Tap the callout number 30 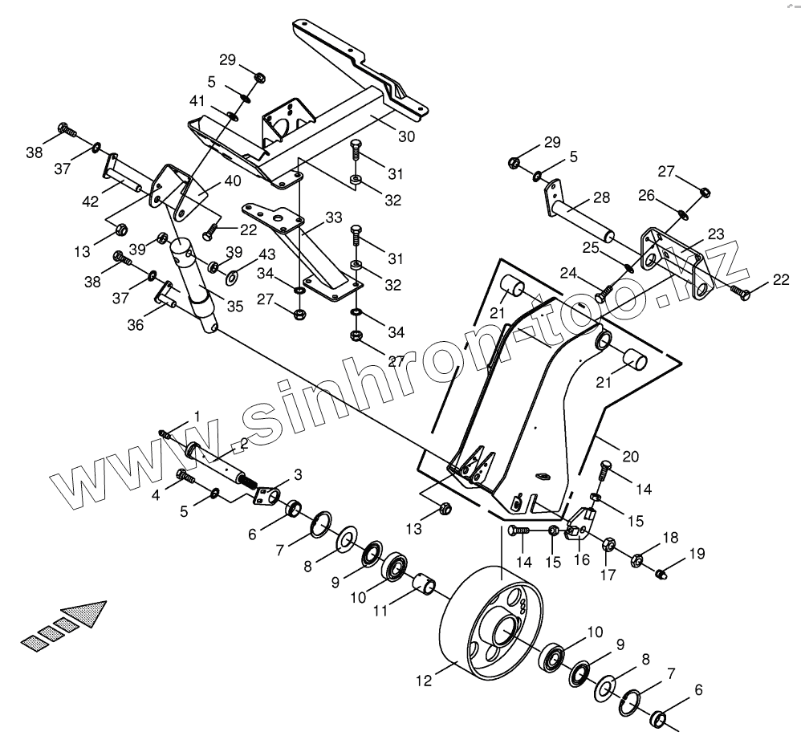pyautogui.click(x=406, y=136)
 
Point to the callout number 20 pyautogui.click(x=631, y=457)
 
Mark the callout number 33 pyautogui.click(x=334, y=217)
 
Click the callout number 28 pyautogui.click(x=602, y=197)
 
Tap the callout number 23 pyautogui.click(x=716, y=234)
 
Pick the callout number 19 pyautogui.click(x=697, y=553)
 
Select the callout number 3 pyautogui.click(x=298, y=475)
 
